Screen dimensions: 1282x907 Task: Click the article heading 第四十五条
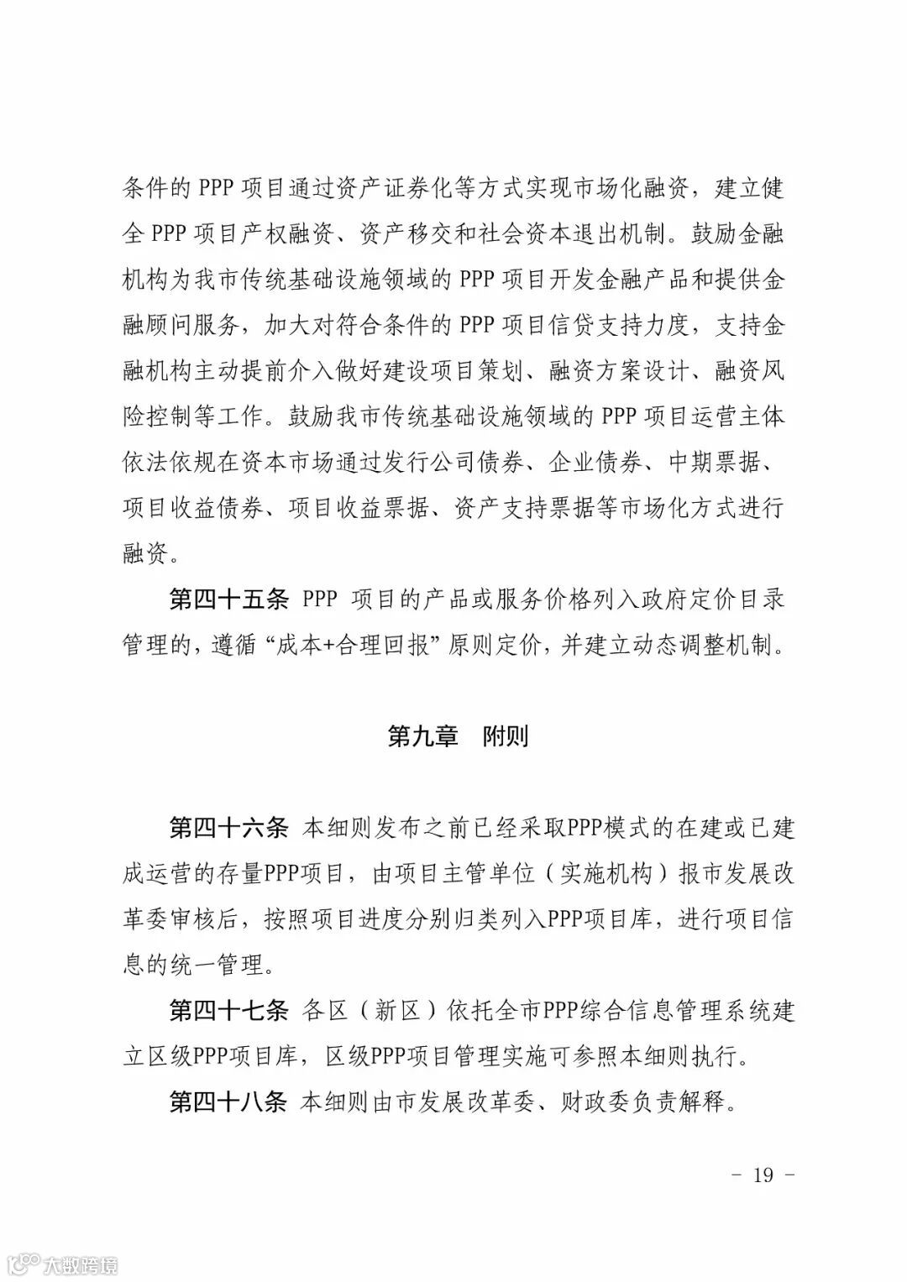228,599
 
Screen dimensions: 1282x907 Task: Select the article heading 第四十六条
228,828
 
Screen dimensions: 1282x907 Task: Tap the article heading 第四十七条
228,1010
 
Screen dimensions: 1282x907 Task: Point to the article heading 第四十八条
228,1101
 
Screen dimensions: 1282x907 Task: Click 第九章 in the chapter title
422,736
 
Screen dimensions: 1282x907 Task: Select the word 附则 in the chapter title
506,736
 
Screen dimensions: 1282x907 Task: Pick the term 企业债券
598,463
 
